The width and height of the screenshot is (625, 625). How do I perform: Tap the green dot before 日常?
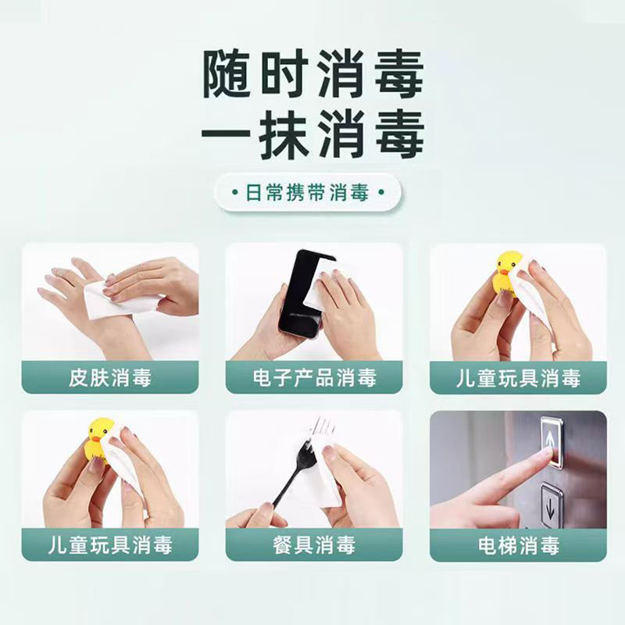[x=236, y=191]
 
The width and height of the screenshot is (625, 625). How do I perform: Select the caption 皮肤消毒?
[x=109, y=379]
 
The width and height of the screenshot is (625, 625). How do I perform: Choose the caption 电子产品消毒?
[x=314, y=379]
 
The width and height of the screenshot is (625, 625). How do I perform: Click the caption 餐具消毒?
[x=314, y=545]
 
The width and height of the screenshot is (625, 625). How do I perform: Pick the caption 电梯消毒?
[x=518, y=545]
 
